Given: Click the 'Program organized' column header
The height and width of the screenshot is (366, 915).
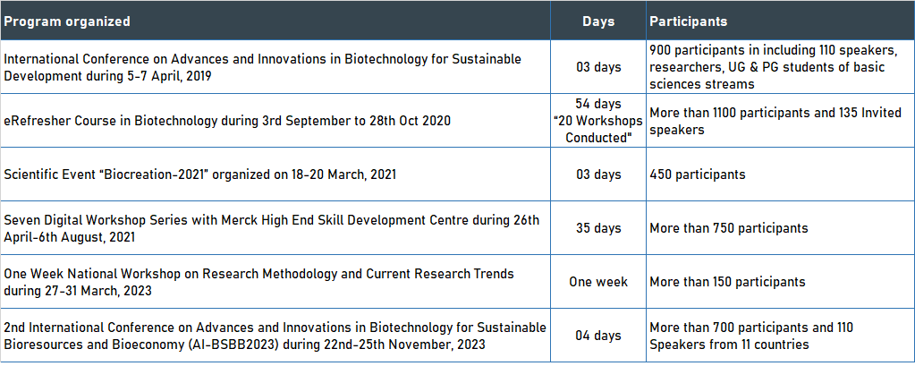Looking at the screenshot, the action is [x=67, y=21].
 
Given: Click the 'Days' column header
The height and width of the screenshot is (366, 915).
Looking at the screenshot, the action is [x=598, y=21].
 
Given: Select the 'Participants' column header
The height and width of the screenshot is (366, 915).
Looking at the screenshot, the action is [x=689, y=21].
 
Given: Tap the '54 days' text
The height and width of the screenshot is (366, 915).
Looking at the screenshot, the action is [x=598, y=104].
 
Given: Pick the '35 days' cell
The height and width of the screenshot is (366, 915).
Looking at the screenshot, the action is [x=598, y=227].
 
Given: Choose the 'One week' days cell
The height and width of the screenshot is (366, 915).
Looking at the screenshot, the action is [x=598, y=282].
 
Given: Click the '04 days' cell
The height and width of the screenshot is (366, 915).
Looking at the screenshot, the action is [x=598, y=336].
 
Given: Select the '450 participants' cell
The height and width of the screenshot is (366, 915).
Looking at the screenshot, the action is [x=698, y=174].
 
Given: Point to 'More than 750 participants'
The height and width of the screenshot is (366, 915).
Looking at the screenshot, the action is [x=729, y=227].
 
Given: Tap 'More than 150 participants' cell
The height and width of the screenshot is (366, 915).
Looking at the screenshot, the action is [x=728, y=282].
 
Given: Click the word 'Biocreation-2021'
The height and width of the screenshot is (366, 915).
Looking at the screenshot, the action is [x=159, y=174].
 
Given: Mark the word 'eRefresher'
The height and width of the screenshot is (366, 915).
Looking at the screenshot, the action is [x=35, y=121].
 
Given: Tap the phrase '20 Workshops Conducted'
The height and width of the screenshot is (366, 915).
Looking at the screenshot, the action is [x=598, y=130].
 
